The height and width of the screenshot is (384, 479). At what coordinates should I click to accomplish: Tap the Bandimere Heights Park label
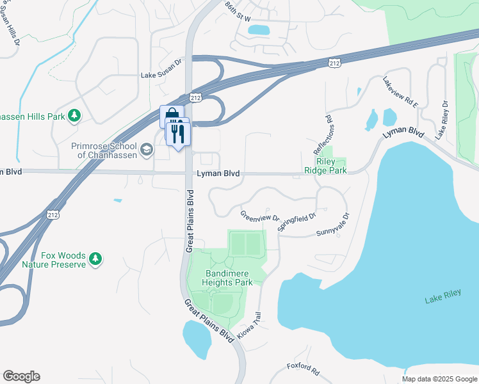point(227,276)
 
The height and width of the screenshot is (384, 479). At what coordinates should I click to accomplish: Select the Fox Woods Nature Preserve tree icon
point(95,258)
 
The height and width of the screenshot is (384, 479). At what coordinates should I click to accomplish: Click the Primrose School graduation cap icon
point(147,150)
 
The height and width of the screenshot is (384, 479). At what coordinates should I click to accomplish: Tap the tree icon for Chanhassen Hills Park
point(75,115)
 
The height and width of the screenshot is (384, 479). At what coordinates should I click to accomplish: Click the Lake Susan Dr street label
point(162,76)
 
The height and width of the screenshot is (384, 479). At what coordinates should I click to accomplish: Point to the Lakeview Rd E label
point(400,92)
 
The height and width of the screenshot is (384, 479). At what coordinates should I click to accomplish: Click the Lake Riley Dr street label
point(441,120)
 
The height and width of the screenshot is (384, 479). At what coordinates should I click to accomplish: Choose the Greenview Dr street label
point(260,216)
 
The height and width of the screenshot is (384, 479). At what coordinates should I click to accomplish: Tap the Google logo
point(21,376)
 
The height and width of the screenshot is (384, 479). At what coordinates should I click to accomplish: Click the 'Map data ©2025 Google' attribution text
point(439,379)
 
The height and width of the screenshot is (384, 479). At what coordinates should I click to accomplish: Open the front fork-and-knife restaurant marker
point(177,134)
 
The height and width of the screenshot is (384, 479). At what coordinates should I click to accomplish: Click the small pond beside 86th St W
point(258,29)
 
